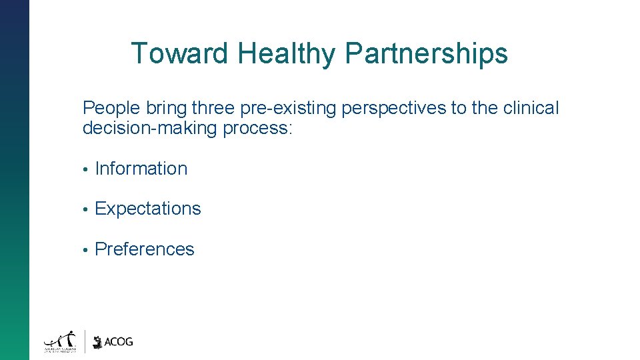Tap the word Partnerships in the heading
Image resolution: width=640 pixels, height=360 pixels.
(x=426, y=53)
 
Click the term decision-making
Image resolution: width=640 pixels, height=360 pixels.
(x=150, y=128)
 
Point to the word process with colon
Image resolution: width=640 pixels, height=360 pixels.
(x=257, y=128)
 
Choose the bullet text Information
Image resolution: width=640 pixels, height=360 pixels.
(x=141, y=169)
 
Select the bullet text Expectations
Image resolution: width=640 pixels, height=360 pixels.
(x=148, y=209)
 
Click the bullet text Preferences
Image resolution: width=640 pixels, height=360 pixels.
(x=145, y=249)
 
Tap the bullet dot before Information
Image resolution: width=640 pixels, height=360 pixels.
(x=85, y=169)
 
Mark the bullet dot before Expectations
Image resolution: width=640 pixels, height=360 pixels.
(x=85, y=209)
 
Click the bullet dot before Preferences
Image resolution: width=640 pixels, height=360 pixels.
(x=85, y=250)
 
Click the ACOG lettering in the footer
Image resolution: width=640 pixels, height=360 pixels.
(x=119, y=342)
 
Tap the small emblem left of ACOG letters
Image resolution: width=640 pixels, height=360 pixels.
(x=98, y=342)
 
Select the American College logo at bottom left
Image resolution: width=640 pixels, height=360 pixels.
(x=61, y=341)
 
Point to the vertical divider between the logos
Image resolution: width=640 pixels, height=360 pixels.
(x=85, y=341)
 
